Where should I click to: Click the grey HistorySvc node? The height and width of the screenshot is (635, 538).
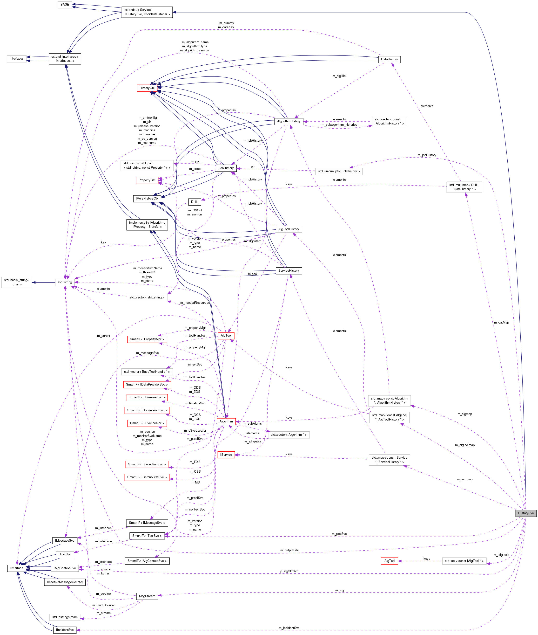coord(525,513)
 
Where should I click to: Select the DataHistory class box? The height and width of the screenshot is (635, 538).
coord(389,59)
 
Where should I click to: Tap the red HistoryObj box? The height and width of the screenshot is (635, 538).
coord(147,88)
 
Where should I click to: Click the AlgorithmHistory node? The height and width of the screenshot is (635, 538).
coord(289,121)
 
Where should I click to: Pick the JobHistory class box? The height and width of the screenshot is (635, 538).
coord(226,168)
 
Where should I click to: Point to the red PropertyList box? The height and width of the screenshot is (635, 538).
coord(147,180)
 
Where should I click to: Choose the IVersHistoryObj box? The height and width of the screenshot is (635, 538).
coord(147,198)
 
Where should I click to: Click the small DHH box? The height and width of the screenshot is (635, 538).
coord(195,202)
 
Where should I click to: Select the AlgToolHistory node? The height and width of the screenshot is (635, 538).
coord(289,229)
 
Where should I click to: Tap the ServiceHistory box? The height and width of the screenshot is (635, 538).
coord(289,270)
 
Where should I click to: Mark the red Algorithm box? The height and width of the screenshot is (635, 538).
coord(226,421)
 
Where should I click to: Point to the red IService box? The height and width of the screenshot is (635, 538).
coord(226,455)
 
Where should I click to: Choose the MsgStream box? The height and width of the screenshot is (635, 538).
coord(147,596)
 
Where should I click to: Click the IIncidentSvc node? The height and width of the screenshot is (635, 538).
coord(65,630)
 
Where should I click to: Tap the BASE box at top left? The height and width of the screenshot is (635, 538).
coord(65,4)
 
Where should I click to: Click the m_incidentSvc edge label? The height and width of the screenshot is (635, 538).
coord(289,628)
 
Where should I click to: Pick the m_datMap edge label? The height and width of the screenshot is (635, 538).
coord(501,322)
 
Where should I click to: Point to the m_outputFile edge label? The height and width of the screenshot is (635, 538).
coord(289,550)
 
